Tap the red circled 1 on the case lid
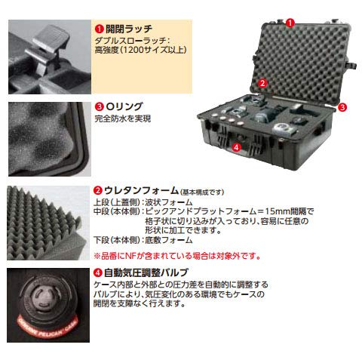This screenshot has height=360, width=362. click(290, 23)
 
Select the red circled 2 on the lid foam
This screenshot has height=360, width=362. click(262, 82)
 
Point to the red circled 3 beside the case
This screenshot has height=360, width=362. click(342, 107)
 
